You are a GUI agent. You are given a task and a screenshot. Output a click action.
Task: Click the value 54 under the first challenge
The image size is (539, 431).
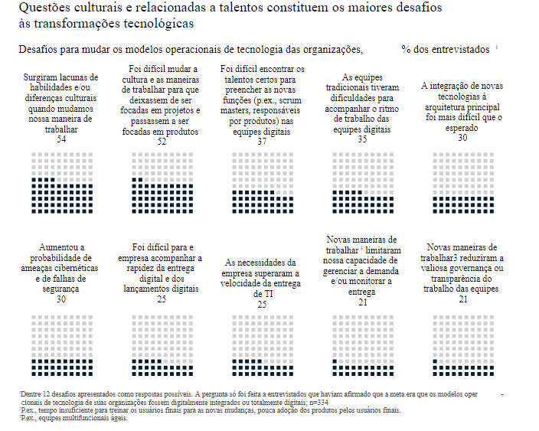(61, 139)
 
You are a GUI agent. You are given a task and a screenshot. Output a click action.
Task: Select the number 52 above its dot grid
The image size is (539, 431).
(162, 142)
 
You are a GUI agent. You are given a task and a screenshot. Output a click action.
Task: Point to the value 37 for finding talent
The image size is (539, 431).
(262, 142)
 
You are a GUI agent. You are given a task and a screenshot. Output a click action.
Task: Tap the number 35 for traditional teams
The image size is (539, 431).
(362, 139)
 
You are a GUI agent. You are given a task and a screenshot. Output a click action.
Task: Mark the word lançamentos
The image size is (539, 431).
(150, 289)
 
